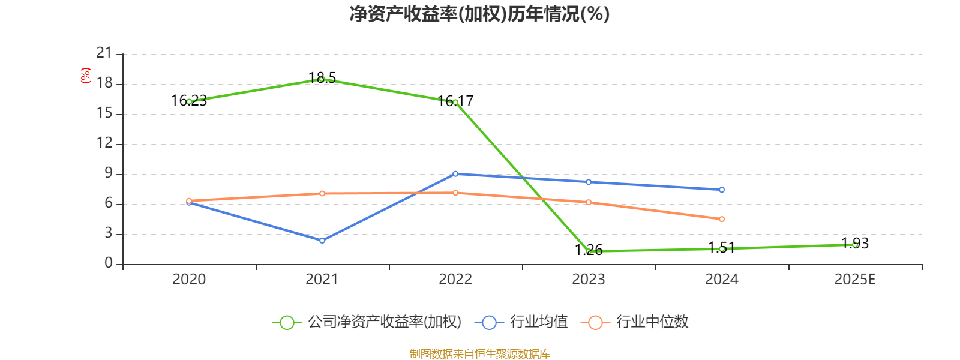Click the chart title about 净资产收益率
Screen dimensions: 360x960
[x=479, y=14]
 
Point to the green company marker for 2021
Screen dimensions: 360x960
[x=322, y=79]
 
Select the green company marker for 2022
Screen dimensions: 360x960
[x=455, y=102]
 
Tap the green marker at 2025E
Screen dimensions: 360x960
[x=854, y=244]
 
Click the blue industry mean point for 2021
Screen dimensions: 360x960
[x=322, y=241]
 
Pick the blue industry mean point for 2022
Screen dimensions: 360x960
[x=455, y=174]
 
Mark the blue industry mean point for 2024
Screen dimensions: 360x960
[x=722, y=190]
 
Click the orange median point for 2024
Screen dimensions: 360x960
[x=722, y=219]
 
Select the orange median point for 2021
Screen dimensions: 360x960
[x=322, y=193]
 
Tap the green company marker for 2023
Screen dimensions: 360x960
[x=589, y=251]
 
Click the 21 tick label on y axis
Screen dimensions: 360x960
[x=104, y=53]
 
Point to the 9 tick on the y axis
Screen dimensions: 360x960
[x=109, y=173]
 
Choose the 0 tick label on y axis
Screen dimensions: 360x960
[x=109, y=263]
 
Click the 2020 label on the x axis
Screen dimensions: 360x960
[x=189, y=280]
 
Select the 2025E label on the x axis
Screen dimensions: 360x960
[x=854, y=280]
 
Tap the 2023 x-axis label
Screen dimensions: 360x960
[x=589, y=280]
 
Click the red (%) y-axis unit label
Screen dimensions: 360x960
[x=86, y=76]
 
